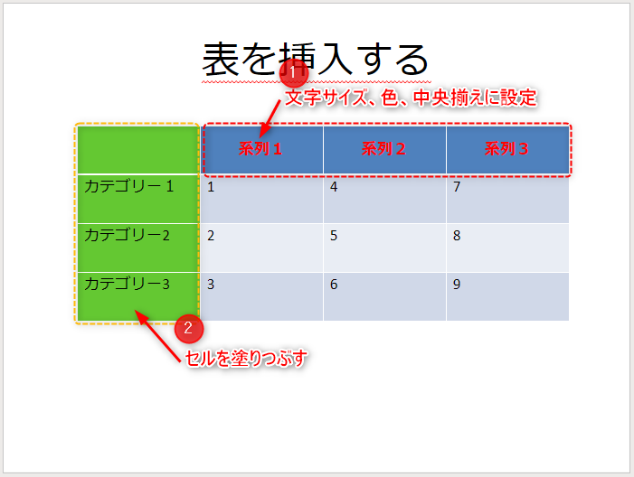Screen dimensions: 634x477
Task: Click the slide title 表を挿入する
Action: [315, 60]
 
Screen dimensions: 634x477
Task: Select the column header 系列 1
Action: [260, 149]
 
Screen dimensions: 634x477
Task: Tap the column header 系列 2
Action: [383, 149]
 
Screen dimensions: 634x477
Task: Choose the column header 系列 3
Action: [506, 149]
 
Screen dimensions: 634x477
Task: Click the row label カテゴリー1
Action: [129, 186]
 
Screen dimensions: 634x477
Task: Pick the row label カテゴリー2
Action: [127, 235]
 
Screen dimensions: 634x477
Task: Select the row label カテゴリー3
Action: [127, 284]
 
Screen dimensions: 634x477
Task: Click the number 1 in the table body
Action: [211, 187]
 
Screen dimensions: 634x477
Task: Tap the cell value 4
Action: [334, 187]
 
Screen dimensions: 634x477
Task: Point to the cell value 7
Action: [457, 187]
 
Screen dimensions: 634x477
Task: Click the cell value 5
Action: [334, 236]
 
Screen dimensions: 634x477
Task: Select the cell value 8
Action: [457, 236]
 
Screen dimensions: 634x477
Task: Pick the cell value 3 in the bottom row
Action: [211, 285]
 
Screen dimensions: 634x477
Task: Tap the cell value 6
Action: [334, 285]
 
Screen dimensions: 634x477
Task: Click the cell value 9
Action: [457, 285]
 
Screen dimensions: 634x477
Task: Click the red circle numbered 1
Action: [294, 73]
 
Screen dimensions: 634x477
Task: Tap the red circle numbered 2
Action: [189, 328]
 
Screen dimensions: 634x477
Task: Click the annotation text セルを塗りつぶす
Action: [246, 359]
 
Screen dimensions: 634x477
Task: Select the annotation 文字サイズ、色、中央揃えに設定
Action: [411, 98]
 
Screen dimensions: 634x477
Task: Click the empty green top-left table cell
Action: [138, 150]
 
